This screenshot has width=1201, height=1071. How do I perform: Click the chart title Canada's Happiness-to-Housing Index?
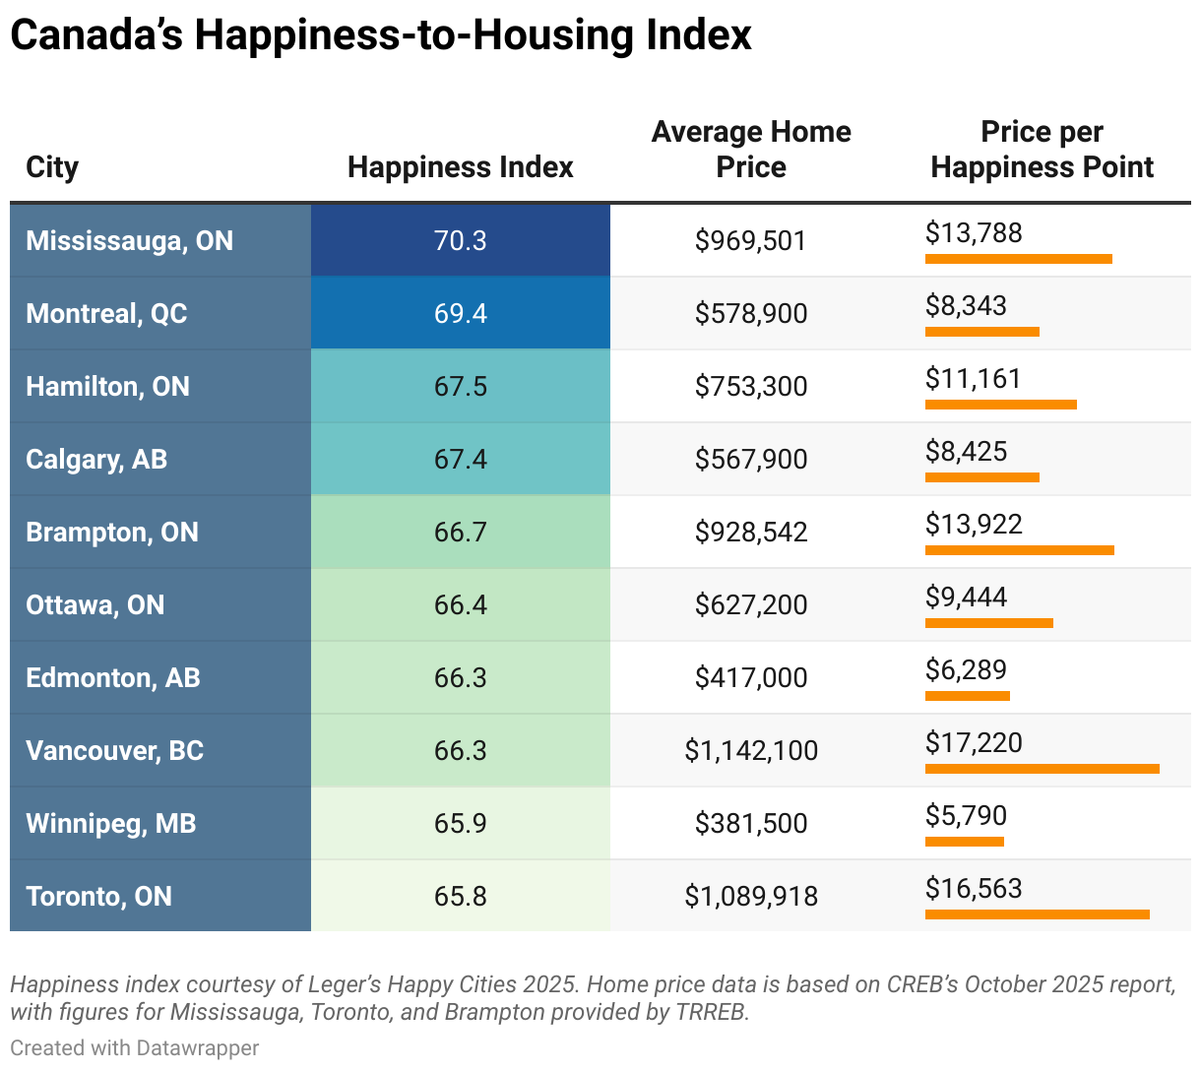(x=380, y=35)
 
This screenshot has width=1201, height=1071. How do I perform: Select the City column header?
(x=52, y=167)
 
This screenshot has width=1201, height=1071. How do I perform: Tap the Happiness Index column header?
(x=460, y=167)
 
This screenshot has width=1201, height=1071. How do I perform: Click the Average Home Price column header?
(x=751, y=150)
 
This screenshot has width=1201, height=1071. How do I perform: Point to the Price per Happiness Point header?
(x=1042, y=150)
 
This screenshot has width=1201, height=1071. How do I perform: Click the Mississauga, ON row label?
(x=129, y=240)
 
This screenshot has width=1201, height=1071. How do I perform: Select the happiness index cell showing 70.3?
(x=460, y=240)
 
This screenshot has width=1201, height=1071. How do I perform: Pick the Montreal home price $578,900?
(x=751, y=313)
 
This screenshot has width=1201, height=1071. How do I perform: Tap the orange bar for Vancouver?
(x=1042, y=769)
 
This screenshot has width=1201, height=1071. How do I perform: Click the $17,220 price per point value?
(x=974, y=742)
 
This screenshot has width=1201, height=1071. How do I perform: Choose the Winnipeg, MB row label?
(x=110, y=823)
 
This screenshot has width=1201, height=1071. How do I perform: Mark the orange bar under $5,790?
(x=964, y=842)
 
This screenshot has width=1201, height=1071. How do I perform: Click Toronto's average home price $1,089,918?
(x=751, y=896)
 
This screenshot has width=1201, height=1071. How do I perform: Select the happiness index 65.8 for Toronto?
(x=460, y=896)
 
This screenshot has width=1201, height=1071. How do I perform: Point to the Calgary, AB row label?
(x=96, y=459)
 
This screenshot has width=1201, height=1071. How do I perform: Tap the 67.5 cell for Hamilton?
(x=460, y=386)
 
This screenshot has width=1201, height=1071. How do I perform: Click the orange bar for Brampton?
(x=1019, y=550)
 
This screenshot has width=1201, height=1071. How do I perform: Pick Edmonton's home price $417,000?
(x=751, y=677)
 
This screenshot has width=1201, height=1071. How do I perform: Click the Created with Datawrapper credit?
(x=135, y=1047)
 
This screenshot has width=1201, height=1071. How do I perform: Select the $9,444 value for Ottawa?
(x=966, y=597)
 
